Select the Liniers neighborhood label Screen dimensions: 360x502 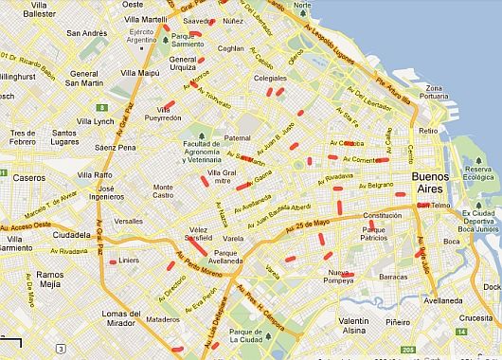128,259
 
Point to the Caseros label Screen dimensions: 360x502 29,177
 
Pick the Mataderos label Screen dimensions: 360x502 163,319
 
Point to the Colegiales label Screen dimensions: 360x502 271,79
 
